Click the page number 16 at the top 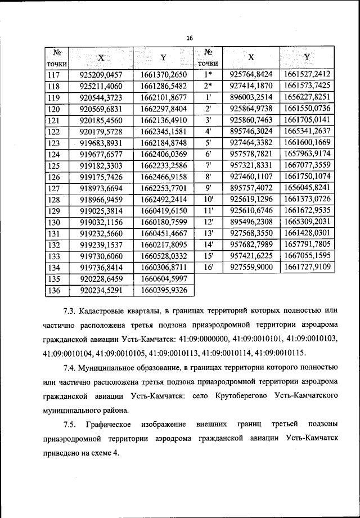pos(190,37)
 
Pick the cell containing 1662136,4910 pos(164,120)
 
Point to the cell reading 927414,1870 pos(251,85)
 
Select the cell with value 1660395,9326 pos(164,290)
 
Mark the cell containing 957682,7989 pos(251,245)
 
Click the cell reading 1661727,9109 pos(307,267)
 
